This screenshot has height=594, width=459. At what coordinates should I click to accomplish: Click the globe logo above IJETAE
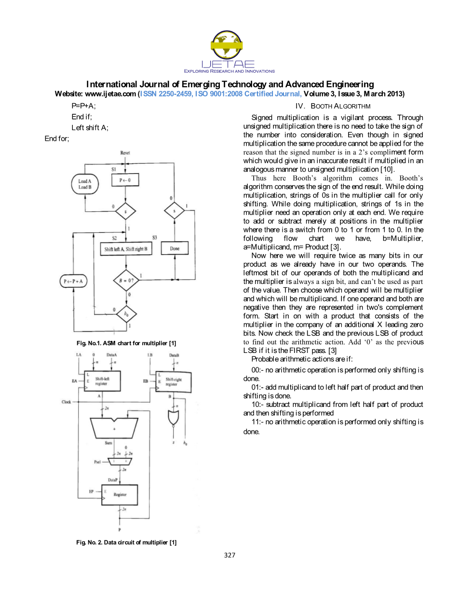[x=227, y=45]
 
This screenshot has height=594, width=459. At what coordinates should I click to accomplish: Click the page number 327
[x=229, y=555]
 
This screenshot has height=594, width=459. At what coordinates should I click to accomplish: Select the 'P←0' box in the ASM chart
[x=125, y=180]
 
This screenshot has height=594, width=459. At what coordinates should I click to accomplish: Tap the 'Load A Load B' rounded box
[x=85, y=184]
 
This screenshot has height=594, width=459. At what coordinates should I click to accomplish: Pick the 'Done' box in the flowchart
[x=175, y=248]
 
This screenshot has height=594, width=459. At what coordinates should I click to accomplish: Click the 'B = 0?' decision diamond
[x=126, y=280]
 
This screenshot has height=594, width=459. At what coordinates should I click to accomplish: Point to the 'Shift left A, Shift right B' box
[x=126, y=249]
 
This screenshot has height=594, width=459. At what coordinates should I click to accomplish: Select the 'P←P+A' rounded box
[x=73, y=281]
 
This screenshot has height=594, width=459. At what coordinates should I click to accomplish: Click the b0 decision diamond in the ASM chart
[x=126, y=313]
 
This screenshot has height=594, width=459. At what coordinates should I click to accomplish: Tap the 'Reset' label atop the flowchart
[x=125, y=153]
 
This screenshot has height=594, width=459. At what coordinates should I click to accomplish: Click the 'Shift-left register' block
[x=102, y=381]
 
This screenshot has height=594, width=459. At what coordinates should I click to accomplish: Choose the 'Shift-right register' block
[x=173, y=382]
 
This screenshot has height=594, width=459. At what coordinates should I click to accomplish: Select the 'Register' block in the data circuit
[x=120, y=495]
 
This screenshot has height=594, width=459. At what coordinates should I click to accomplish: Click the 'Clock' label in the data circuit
[x=66, y=402]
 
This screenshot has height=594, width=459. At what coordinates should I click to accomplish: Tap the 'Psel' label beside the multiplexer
[x=97, y=462]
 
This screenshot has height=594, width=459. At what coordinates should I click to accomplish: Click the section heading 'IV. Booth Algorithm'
[x=333, y=106]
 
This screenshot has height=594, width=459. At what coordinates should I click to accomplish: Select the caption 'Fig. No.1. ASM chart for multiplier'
[x=126, y=343]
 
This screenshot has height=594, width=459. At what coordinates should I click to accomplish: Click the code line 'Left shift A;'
[x=90, y=128]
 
